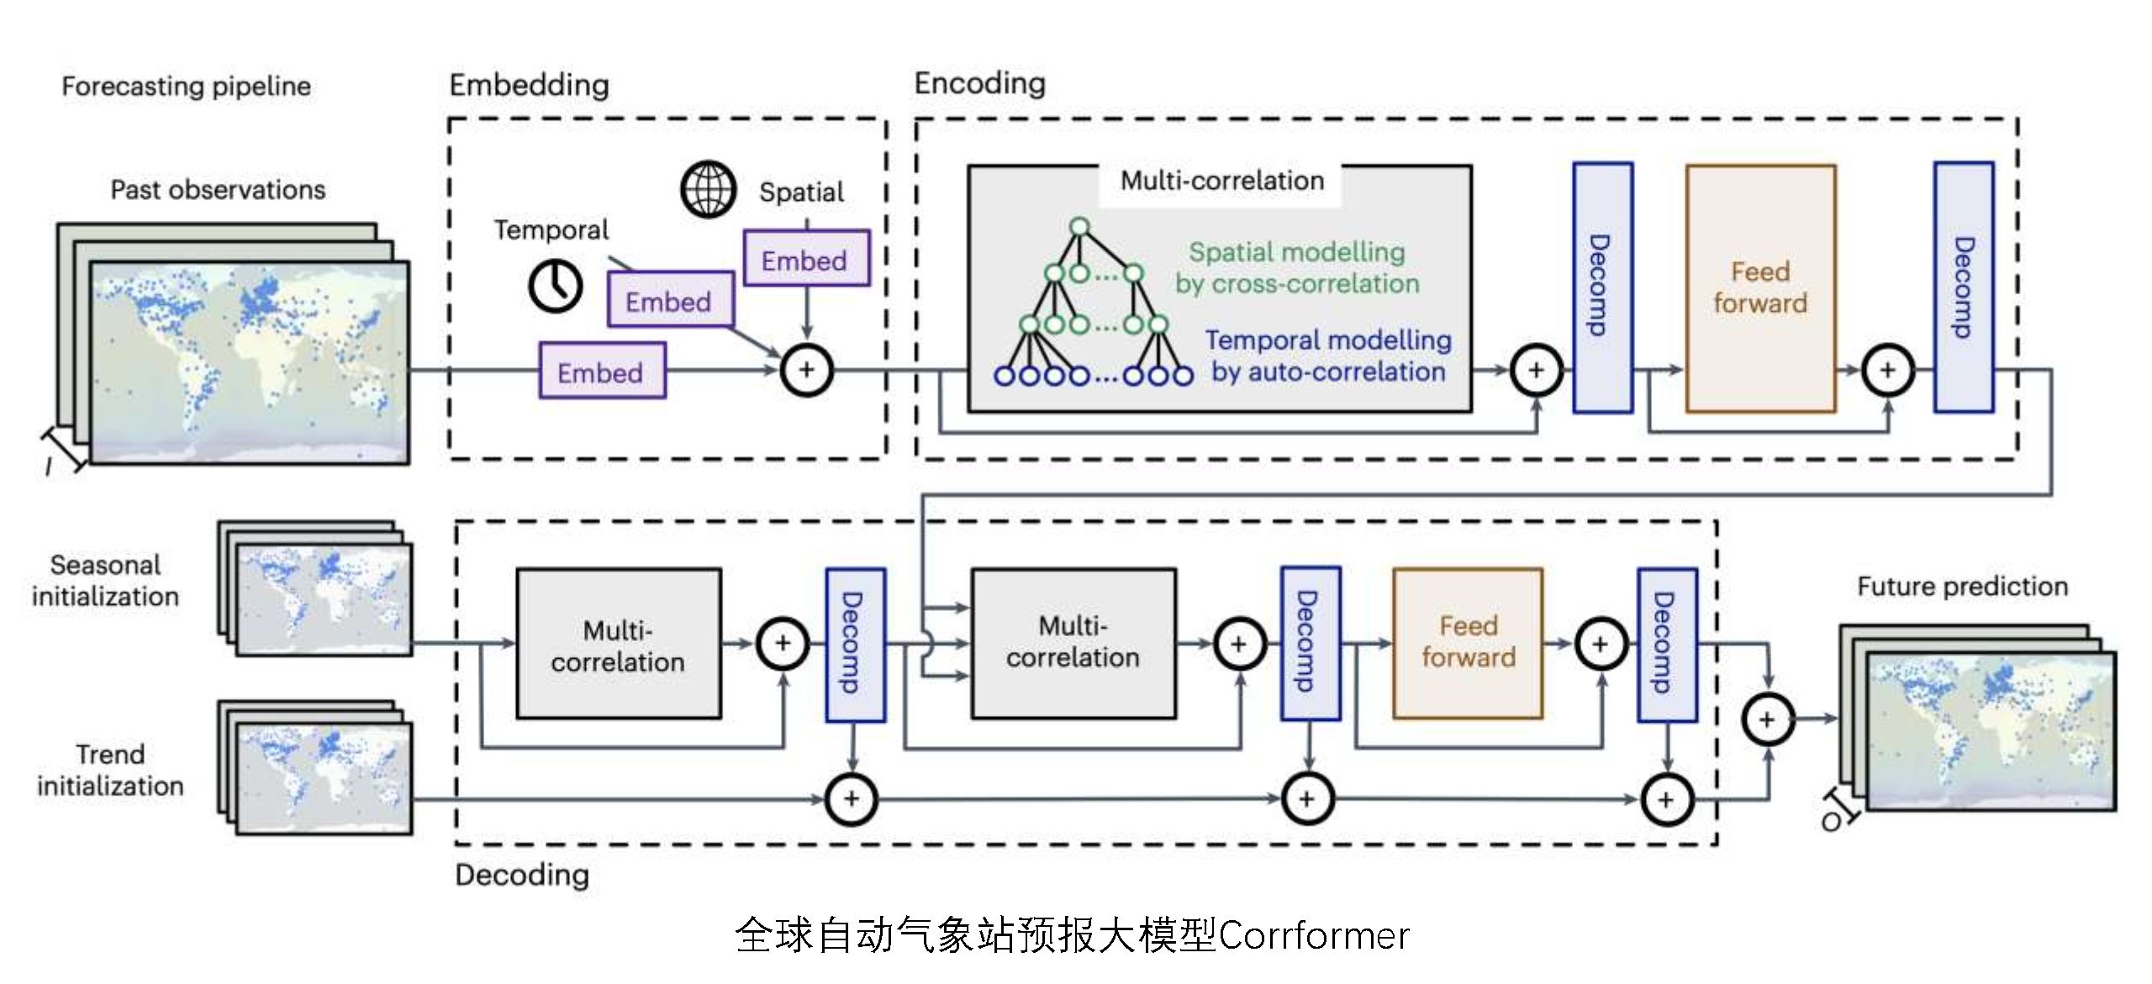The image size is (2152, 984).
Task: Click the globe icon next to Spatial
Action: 708,190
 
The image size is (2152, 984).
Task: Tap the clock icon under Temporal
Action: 556,286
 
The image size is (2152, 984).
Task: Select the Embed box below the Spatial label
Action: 805,260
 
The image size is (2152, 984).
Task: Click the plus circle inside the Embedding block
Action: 806,370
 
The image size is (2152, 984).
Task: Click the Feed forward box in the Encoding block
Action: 1760,288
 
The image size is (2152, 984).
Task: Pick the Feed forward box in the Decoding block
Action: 1468,643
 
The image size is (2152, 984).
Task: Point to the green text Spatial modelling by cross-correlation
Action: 1296,267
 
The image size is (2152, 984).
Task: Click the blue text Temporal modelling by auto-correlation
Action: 1327,355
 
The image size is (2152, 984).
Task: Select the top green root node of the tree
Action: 1079,226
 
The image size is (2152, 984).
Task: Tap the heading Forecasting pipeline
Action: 186,86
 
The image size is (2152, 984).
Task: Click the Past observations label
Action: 218,190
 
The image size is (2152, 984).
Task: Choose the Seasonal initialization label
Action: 105,581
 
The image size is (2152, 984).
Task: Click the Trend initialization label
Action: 110,770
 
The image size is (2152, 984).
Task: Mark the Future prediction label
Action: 1962,586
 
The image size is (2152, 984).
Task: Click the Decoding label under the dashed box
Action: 521,875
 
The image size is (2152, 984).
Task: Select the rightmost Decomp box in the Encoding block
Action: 1963,288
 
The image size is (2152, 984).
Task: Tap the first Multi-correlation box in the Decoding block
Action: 618,645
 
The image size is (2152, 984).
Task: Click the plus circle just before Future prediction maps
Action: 1767,719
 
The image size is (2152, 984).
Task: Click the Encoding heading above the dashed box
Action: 979,83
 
